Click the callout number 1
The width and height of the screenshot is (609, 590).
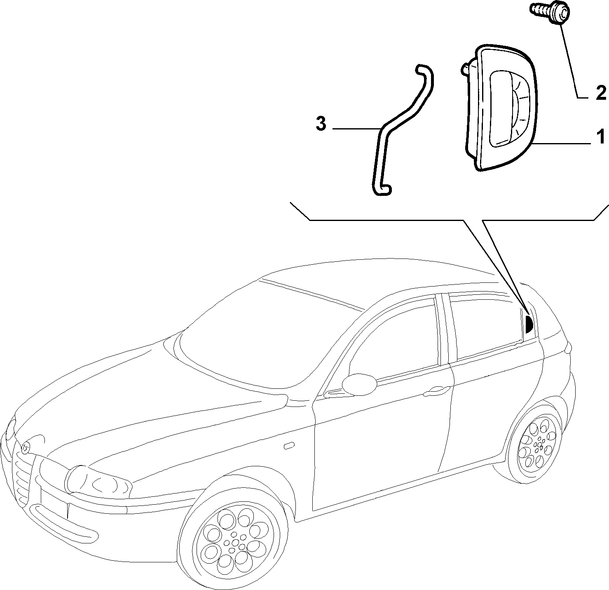coord(600,137)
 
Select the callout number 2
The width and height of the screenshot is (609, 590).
coord(601,93)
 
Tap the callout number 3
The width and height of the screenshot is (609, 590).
coord(321,124)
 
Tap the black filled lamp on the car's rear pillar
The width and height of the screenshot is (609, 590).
coord(529,324)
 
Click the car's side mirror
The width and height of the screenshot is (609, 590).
coord(359,383)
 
